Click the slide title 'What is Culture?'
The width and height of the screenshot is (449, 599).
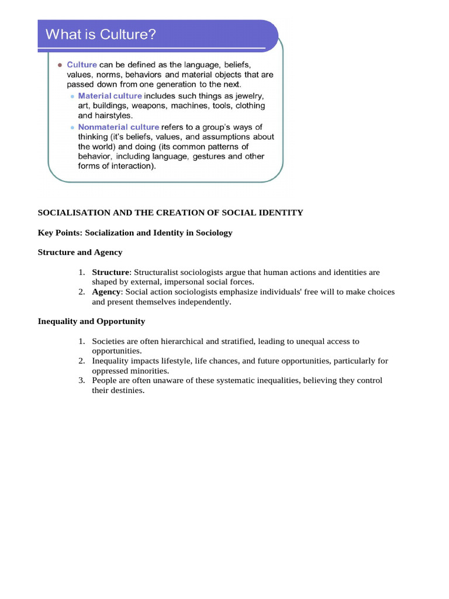101,35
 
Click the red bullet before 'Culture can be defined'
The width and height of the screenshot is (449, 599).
60,65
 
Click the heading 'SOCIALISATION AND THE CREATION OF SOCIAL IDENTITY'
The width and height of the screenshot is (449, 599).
170,213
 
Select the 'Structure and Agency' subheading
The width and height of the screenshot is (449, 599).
80,253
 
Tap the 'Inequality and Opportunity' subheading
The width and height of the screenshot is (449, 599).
91,322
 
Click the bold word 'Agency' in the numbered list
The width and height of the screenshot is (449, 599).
106,292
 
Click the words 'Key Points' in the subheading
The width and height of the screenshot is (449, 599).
59,233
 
